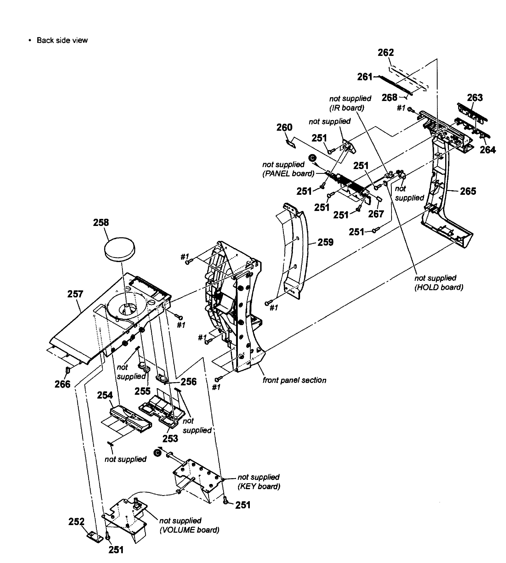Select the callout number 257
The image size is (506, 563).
tap(75, 294)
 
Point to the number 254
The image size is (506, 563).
tap(105, 395)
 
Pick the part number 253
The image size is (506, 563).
tap(170, 439)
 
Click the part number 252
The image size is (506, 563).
tap(76, 521)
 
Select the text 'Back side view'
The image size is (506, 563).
tap(62, 40)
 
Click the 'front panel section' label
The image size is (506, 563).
tap(294, 380)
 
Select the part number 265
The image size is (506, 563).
tap(468, 191)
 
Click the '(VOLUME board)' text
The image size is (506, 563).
tap(189, 530)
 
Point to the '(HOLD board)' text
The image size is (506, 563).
tap(439, 287)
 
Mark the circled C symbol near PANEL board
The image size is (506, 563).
tap(313, 158)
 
